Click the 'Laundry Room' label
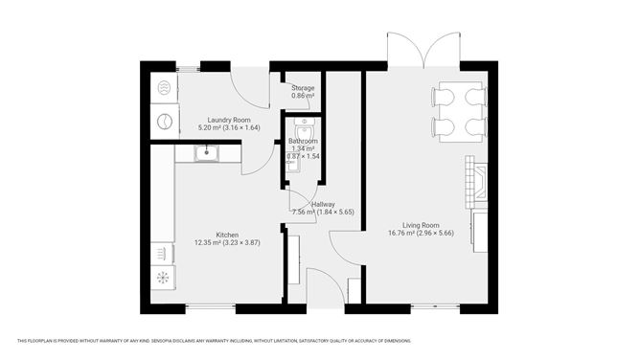tap(217, 120)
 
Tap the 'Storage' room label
tap(303, 88)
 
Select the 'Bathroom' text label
tap(303, 141)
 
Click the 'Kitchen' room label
tap(226, 235)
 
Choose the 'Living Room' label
tap(413, 224)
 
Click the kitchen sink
tap(205, 152)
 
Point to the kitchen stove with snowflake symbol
tap(162, 278)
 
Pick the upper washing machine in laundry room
tap(163, 89)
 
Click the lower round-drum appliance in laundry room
tap(163, 123)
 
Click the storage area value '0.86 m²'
tap(303, 96)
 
